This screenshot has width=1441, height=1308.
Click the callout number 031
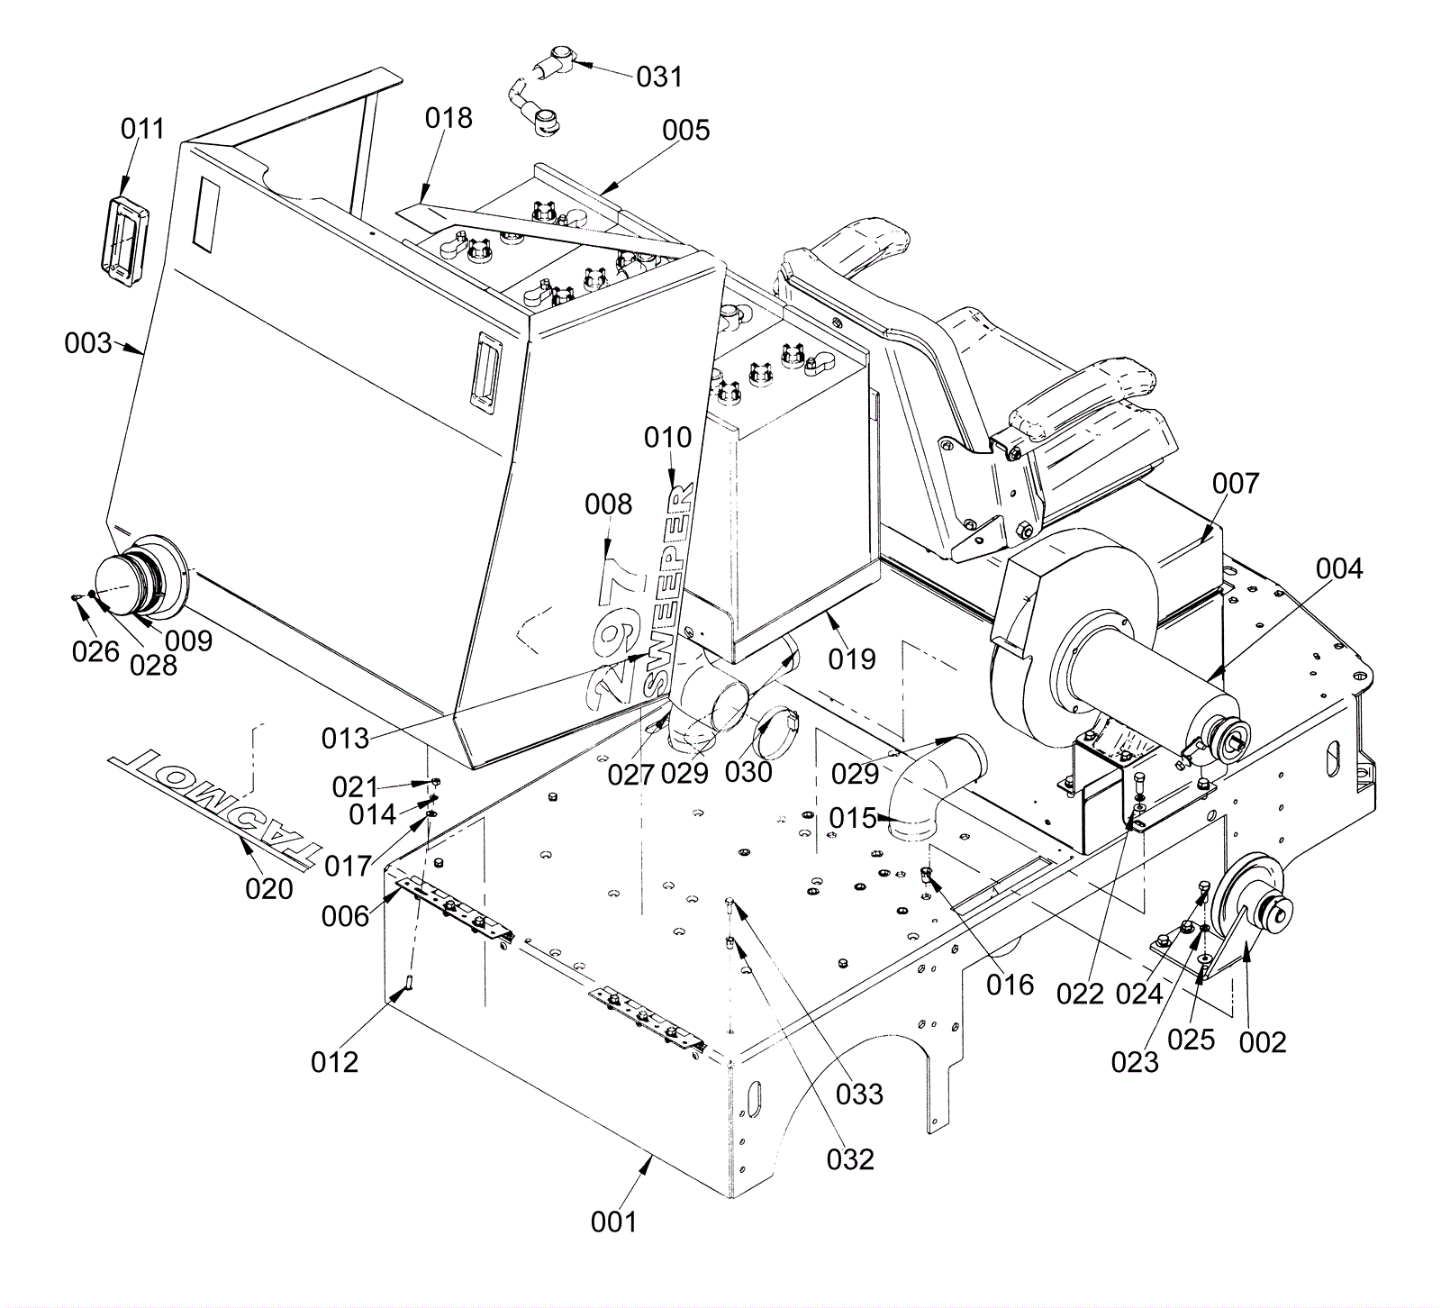(659, 77)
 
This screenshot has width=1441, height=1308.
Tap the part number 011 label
(142, 129)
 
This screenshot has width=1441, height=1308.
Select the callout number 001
(613, 1222)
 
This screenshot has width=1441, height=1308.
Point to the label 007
(1235, 483)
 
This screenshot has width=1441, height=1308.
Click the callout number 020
(269, 888)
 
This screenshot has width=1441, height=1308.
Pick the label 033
(859, 1094)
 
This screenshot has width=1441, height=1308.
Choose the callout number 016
(1010, 985)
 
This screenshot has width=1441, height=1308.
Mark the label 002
(1263, 1041)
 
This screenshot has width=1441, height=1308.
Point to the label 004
(1339, 568)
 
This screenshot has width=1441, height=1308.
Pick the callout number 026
(95, 650)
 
